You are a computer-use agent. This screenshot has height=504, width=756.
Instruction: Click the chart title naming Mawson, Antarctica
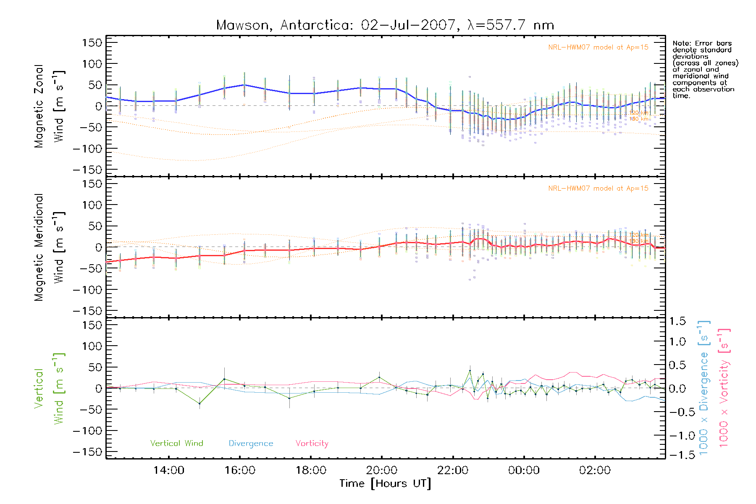385,25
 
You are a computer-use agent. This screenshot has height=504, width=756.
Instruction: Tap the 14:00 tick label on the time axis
168,470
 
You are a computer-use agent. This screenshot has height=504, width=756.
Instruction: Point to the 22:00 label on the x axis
453,470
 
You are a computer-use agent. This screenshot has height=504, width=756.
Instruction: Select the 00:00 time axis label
524,470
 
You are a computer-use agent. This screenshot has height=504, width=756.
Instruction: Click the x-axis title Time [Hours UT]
385,483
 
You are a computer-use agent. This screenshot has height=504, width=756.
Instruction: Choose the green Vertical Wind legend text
176,443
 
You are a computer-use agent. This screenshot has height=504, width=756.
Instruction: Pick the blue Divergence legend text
251,443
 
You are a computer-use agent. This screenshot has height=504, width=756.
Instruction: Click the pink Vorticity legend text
312,443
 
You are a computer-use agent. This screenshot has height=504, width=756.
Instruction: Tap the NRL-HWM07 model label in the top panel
598,47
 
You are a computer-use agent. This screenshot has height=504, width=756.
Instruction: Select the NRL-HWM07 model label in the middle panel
598,189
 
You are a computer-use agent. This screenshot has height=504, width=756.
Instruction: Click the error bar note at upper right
705,69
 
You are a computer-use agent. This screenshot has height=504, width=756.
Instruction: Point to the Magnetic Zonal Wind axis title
50,106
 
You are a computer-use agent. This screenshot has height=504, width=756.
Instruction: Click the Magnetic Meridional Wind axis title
50,247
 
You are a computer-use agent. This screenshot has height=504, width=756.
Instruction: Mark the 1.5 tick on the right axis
677,321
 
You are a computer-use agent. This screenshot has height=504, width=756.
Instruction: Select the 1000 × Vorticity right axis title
724,388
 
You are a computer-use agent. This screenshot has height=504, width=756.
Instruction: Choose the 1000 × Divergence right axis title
704,388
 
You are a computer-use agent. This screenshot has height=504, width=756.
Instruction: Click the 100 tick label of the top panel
92,64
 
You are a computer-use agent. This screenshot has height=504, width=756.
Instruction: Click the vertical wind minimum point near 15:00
199,404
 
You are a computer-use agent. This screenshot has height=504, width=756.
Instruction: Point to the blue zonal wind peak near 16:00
244,85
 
